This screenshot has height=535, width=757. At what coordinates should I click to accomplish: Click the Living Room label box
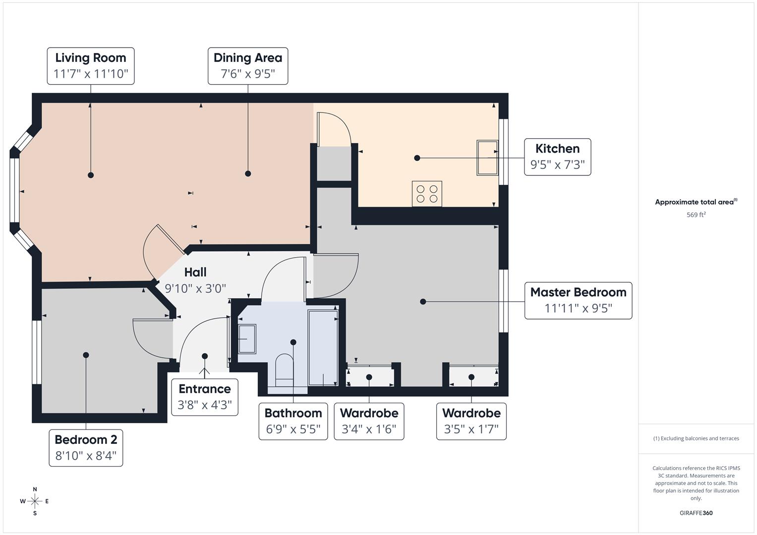tap(91, 66)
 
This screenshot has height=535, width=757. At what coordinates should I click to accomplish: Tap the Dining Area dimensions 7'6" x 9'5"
tap(247, 74)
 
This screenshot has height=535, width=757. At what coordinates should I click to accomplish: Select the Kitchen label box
tap(557, 157)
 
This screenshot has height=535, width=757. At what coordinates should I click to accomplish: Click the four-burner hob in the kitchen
tap(427, 194)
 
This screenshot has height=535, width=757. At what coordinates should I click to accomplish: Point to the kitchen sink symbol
tap(487, 158)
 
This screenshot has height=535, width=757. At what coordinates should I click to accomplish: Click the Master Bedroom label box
tap(578, 300)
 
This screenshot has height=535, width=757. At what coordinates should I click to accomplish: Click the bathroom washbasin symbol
tap(247, 339)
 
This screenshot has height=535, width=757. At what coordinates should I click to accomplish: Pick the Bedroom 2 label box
tap(86, 448)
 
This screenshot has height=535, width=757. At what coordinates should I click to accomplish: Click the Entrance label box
tap(204, 397)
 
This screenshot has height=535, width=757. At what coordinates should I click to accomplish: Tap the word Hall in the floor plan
tap(195, 272)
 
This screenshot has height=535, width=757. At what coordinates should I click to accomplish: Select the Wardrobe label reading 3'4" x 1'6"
tap(369, 421)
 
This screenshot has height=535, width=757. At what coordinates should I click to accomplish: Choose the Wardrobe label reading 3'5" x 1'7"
tap(471, 421)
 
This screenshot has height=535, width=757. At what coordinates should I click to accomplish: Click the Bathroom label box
tap(293, 421)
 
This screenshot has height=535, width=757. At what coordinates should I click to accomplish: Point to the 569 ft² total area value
tap(696, 215)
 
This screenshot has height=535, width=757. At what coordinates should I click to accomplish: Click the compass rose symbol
tap(35, 501)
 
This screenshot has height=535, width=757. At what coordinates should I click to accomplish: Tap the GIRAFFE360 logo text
tap(696, 513)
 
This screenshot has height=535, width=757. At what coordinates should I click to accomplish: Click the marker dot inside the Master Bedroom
tap(423, 301)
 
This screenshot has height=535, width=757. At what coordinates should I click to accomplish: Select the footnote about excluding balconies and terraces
tap(696, 438)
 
